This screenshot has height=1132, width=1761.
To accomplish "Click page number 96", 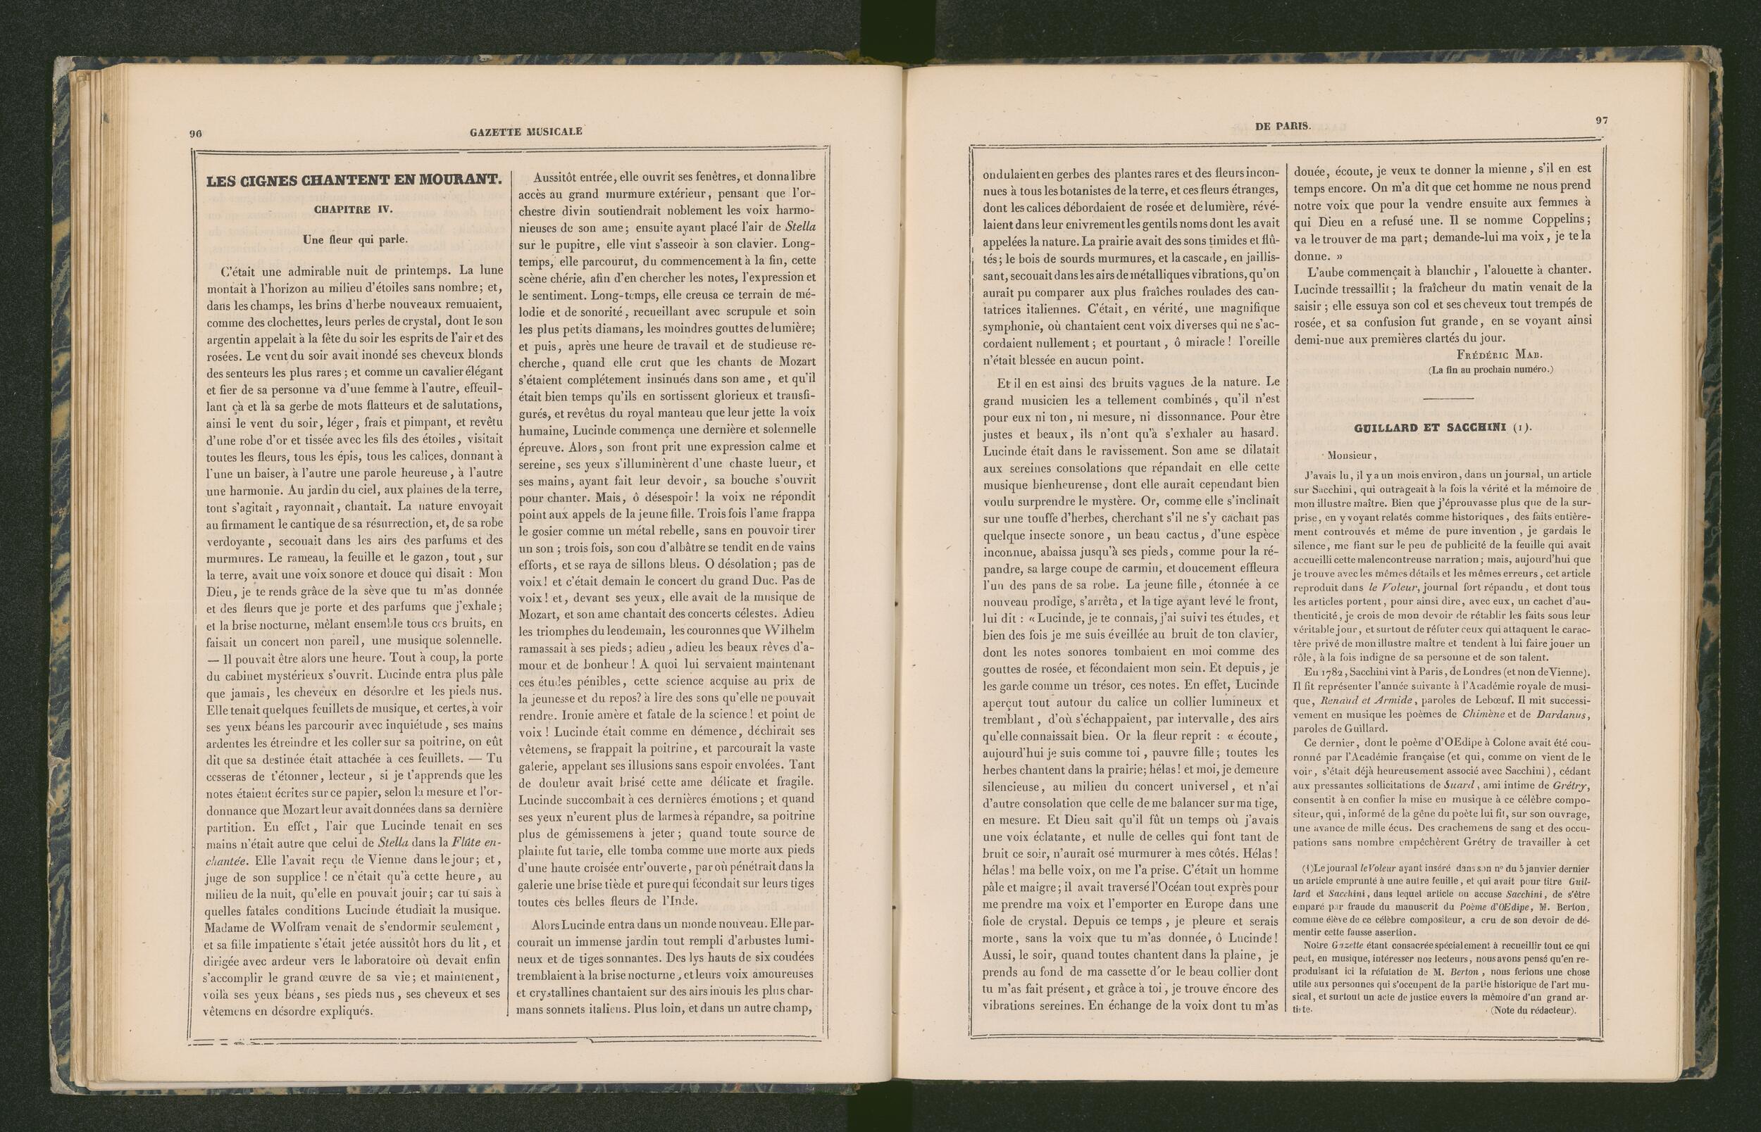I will tap(196, 133).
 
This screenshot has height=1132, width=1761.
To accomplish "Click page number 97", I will tap(1600, 120).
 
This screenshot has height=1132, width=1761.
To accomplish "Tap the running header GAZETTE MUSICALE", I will tap(525, 132).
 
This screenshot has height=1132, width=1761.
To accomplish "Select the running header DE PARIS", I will tap(1282, 126).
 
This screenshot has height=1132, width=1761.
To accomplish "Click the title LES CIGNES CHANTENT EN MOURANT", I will tap(354, 181).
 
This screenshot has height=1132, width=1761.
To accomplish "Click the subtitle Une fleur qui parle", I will tap(354, 239).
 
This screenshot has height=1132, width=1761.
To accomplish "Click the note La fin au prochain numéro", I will tap(1491, 370).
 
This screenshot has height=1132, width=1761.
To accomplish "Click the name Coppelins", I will tap(1557, 220).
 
